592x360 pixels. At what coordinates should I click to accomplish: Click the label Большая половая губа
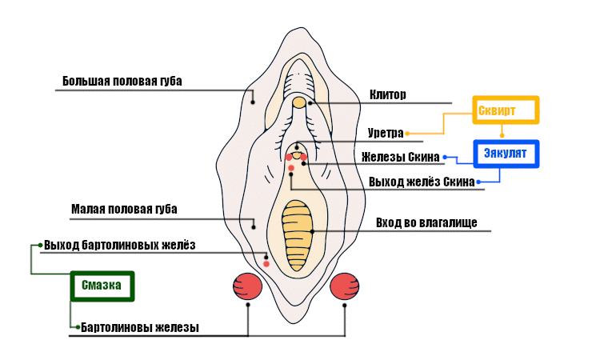coord(122,82)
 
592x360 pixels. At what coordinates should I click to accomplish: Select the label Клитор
coord(388,94)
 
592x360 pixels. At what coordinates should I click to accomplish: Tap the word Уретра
coord(386,133)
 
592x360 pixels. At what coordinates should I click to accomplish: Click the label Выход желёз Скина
coord(422,182)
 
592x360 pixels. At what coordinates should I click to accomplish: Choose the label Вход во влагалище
coord(426,222)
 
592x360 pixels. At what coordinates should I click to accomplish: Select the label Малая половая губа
coord(124,210)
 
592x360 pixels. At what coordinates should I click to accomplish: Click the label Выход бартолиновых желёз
coord(119,245)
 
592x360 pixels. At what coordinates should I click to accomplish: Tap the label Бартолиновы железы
coord(139,327)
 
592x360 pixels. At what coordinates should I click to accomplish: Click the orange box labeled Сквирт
coord(506,110)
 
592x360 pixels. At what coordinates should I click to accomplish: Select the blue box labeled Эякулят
coord(506,154)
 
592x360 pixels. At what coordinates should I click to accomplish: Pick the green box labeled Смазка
coord(101,286)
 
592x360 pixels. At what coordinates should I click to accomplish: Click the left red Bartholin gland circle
coord(248,286)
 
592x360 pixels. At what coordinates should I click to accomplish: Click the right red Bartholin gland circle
coord(345,286)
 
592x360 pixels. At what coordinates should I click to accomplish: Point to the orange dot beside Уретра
coord(408,133)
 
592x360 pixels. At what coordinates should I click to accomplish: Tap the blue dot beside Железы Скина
coord(445,157)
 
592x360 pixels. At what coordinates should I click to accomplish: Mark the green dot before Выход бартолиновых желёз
coord(40,245)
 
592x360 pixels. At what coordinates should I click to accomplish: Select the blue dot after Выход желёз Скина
coord(478,182)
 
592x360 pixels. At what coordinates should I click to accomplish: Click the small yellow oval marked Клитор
coord(298,102)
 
